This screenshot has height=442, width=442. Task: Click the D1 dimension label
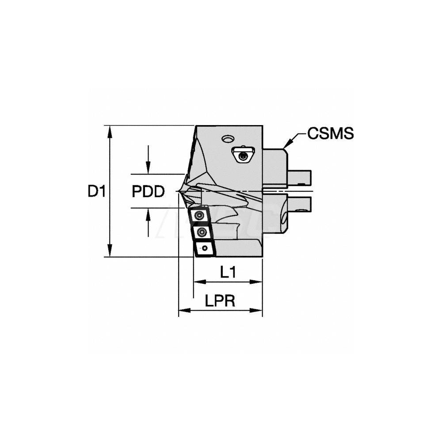point(96,191)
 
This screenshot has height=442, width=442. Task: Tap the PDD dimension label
point(148,191)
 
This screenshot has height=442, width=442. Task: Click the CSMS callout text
point(331,133)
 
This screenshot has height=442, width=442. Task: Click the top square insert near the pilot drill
point(200,215)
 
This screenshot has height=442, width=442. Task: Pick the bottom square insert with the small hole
point(204,249)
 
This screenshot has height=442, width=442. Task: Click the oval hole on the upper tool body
point(228,139)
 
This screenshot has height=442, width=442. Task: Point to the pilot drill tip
point(177,191)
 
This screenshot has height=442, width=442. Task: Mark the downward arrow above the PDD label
point(149,170)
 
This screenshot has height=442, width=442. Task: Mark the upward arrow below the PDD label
point(149,212)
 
